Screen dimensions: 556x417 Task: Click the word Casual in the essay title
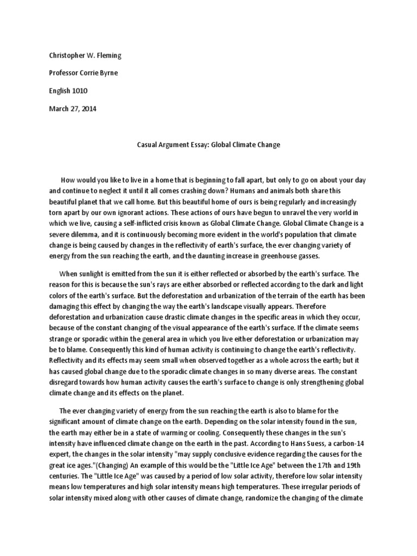point(145,146)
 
